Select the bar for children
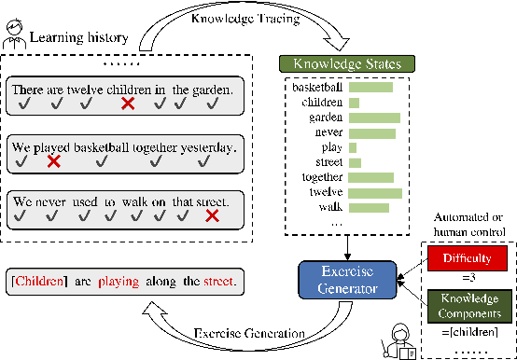click(x=354, y=103)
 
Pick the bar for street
click(x=355, y=162)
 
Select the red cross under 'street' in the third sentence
click(x=212, y=216)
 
